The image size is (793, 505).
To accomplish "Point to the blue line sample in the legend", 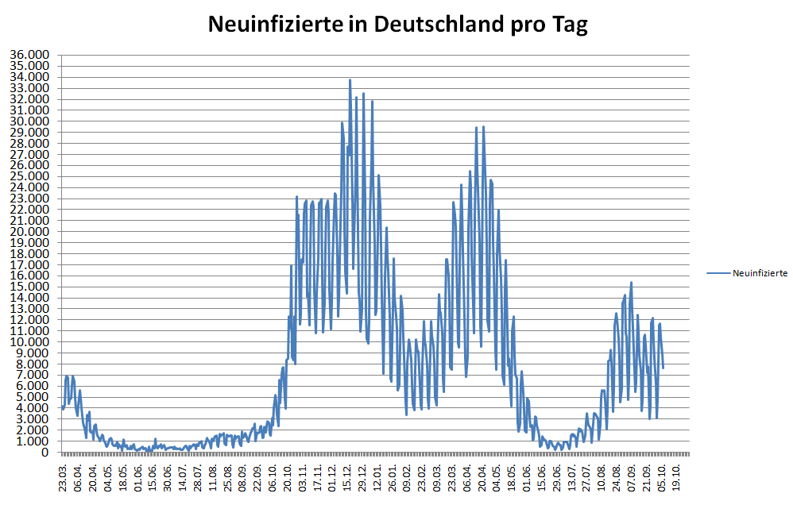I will pos(718,273).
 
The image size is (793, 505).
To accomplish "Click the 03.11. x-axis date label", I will pos(302,476).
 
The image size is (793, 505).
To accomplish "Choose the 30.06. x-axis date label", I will pos(168,476).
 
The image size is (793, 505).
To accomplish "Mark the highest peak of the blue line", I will pos(350,79).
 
